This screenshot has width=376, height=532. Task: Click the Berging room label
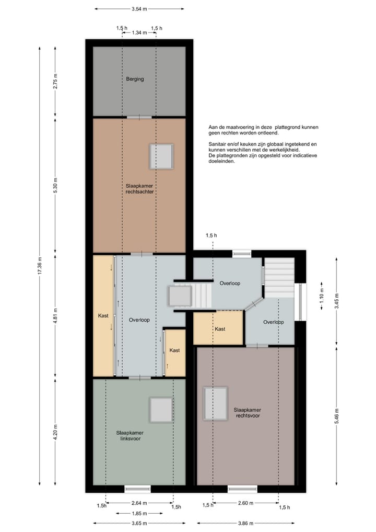[x=135, y=79]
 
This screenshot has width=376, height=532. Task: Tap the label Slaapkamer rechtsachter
[x=139, y=189]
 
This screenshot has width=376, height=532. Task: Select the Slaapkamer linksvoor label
[x=130, y=436]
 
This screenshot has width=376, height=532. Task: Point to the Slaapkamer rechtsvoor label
[x=248, y=413]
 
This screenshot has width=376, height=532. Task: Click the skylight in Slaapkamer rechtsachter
[x=162, y=156]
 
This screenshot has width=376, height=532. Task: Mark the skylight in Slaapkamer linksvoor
[x=161, y=410]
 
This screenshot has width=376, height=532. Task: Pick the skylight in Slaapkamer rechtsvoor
[x=216, y=404]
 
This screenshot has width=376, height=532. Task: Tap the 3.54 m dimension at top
[x=139, y=9]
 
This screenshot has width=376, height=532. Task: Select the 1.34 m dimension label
[x=139, y=32]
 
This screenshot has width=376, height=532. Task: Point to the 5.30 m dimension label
[x=55, y=185]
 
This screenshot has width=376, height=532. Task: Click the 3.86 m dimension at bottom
[x=245, y=523]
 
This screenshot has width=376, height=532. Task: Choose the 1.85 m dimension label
[x=139, y=513]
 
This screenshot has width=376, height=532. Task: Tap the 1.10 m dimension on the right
[x=322, y=296]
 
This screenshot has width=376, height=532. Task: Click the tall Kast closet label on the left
[x=103, y=315]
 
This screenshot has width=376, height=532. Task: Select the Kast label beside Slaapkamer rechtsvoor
[x=220, y=329]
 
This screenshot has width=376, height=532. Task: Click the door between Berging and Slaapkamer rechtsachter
[x=139, y=117]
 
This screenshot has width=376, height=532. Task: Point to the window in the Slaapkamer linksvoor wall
[x=137, y=489]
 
